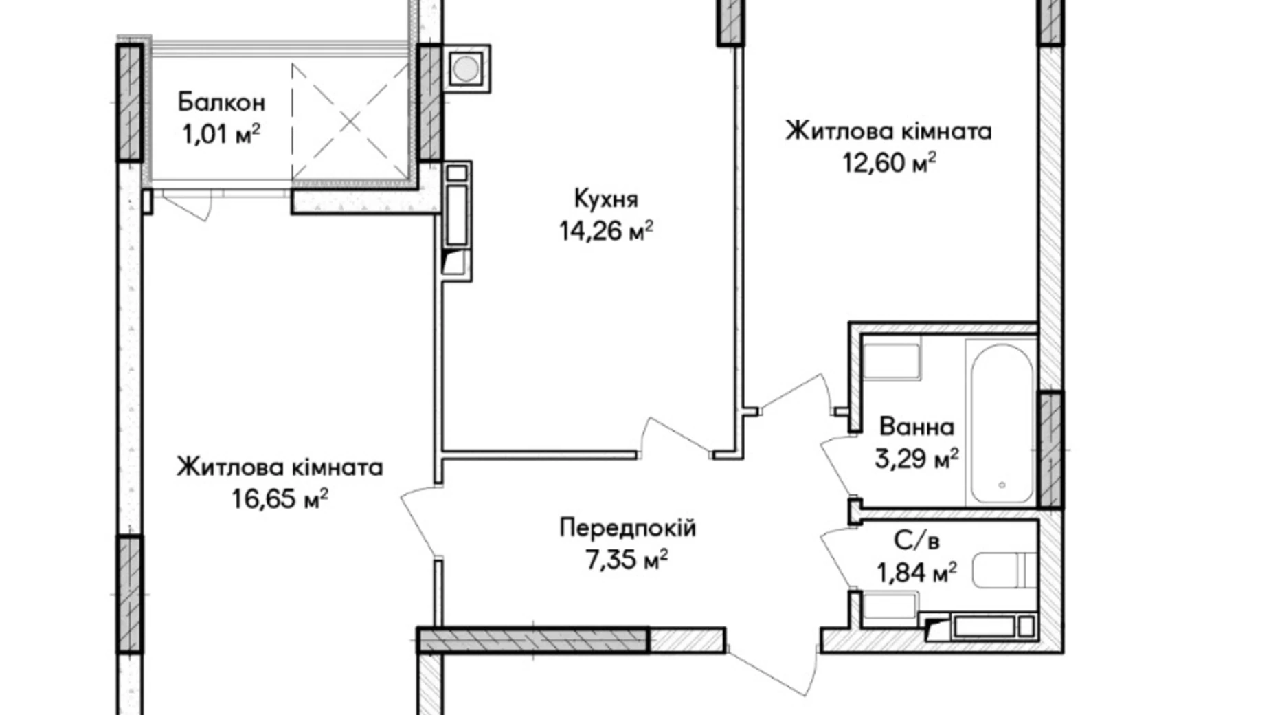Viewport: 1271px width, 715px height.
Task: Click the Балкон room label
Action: pyautogui.click(x=221, y=102)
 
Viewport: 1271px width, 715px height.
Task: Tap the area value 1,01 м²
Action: pyautogui.click(x=221, y=133)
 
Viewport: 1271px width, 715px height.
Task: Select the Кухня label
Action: pyautogui.click(x=605, y=199)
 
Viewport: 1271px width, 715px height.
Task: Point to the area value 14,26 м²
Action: pyautogui.click(x=605, y=231)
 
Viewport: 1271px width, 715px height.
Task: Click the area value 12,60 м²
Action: pyautogui.click(x=889, y=164)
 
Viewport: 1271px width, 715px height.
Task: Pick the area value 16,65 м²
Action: pyautogui.click(x=279, y=499)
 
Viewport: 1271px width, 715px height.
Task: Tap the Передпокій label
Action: pyautogui.click(x=627, y=528)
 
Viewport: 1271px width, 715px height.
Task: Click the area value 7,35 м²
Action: pyautogui.click(x=627, y=560)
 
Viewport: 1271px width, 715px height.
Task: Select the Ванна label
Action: pyautogui.click(x=916, y=427)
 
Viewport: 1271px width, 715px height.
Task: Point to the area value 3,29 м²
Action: pyautogui.click(x=916, y=459)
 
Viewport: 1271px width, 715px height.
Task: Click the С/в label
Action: pyautogui.click(x=916, y=541)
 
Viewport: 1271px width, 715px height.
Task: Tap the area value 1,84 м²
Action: pyautogui.click(x=916, y=572)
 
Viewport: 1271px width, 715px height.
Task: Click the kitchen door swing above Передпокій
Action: pyautogui.click(x=673, y=437)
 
